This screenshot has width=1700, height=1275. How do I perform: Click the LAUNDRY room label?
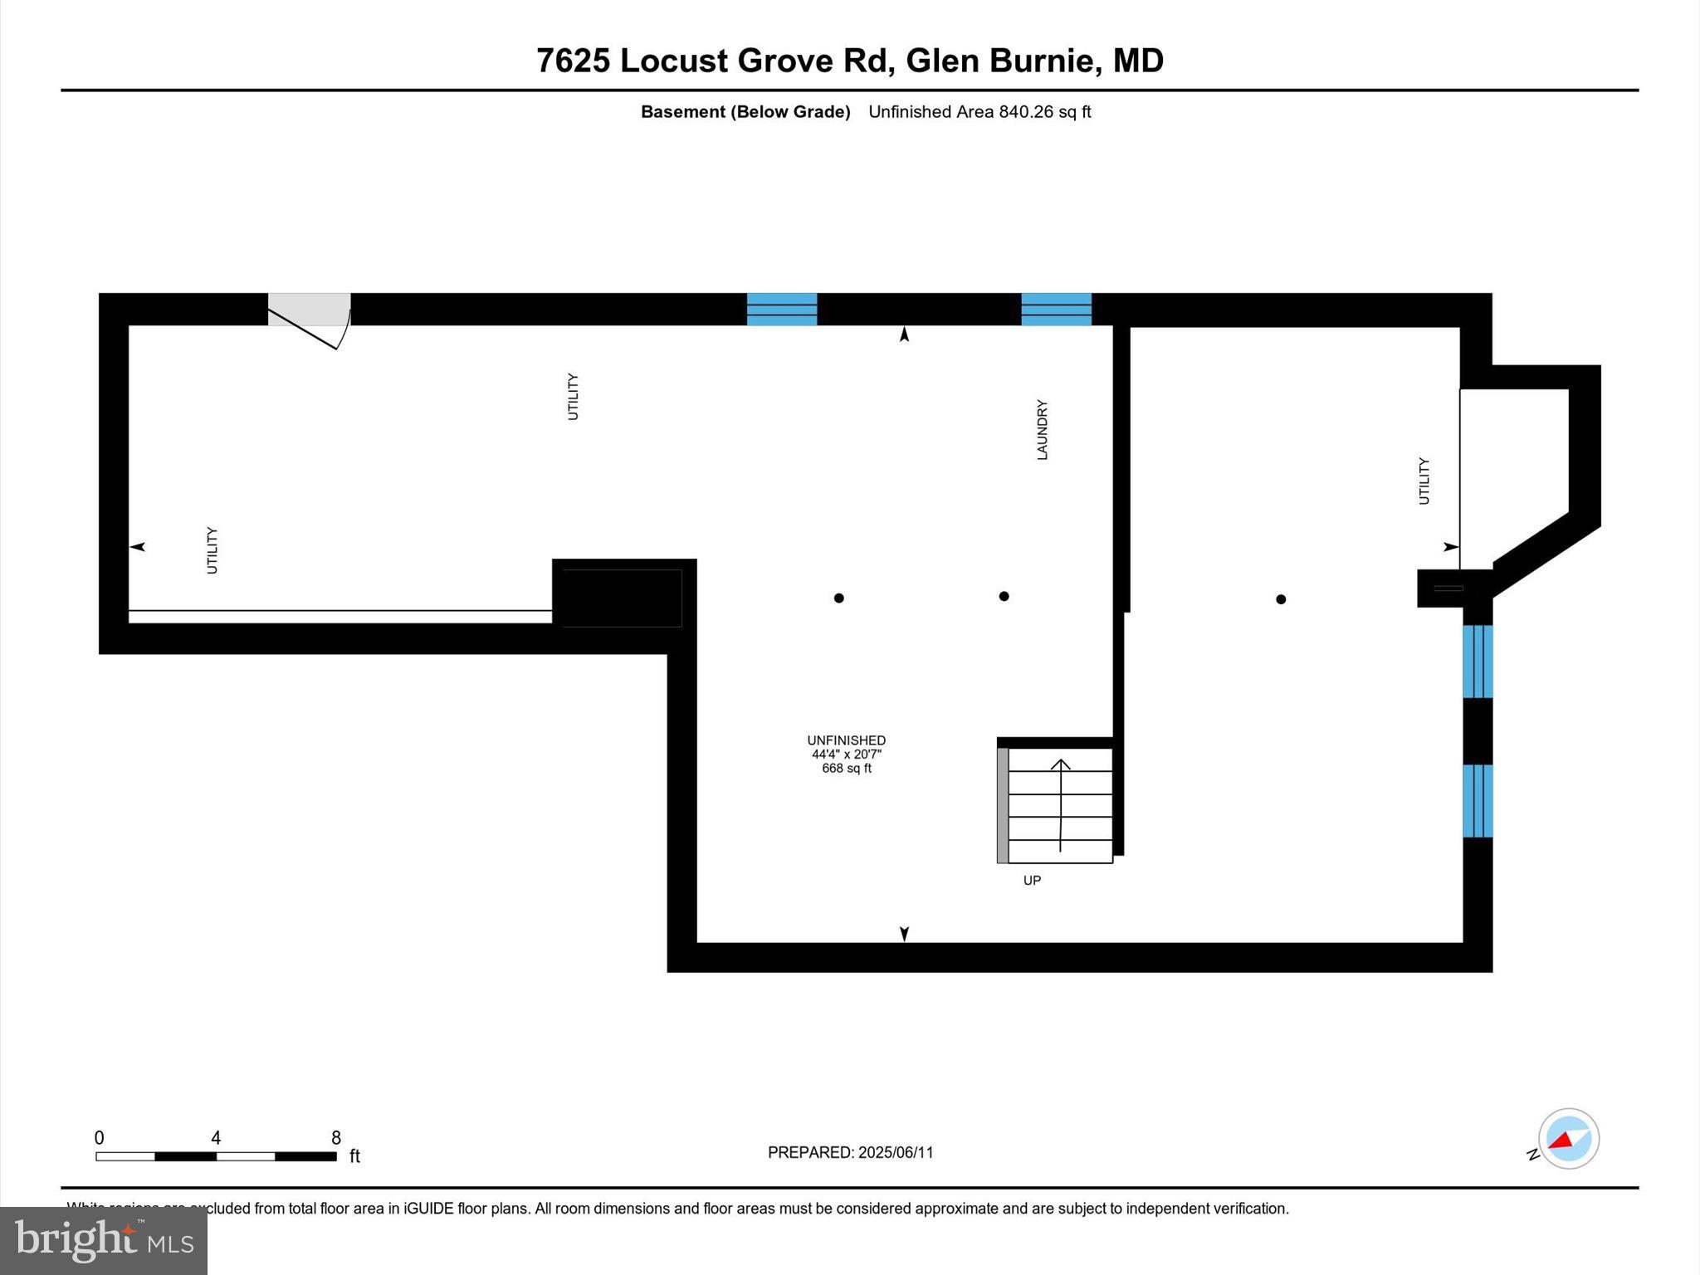pyautogui.click(x=1042, y=429)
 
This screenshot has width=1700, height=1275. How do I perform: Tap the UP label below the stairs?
pyautogui.click(x=1032, y=880)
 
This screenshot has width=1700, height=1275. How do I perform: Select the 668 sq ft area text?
pyautogui.click(x=847, y=769)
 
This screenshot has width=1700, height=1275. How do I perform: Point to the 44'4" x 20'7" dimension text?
pyautogui.click(x=847, y=755)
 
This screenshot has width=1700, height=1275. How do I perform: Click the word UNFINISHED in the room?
pyautogui.click(x=847, y=740)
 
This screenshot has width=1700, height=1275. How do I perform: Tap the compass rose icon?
pyautogui.click(x=1568, y=1139)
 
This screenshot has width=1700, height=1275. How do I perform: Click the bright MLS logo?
pyautogui.click(x=104, y=1241)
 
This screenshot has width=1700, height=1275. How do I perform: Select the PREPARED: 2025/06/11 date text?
pyautogui.click(x=850, y=1152)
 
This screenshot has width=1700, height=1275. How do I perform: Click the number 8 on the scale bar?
pyautogui.click(x=336, y=1138)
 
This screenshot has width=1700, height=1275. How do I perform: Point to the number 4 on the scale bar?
pyautogui.click(x=216, y=1138)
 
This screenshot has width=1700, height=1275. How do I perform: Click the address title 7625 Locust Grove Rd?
pyautogui.click(x=850, y=61)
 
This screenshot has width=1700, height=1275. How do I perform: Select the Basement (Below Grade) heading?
pyautogui.click(x=745, y=112)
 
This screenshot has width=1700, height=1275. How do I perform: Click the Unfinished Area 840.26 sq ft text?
pyautogui.click(x=979, y=112)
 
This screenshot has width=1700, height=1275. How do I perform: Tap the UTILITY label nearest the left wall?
pyautogui.click(x=212, y=550)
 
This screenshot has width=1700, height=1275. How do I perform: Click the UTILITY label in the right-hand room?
pyautogui.click(x=1424, y=481)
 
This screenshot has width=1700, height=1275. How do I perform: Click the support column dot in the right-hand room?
pyautogui.click(x=1281, y=599)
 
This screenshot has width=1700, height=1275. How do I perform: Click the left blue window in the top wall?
pyautogui.click(x=782, y=309)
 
